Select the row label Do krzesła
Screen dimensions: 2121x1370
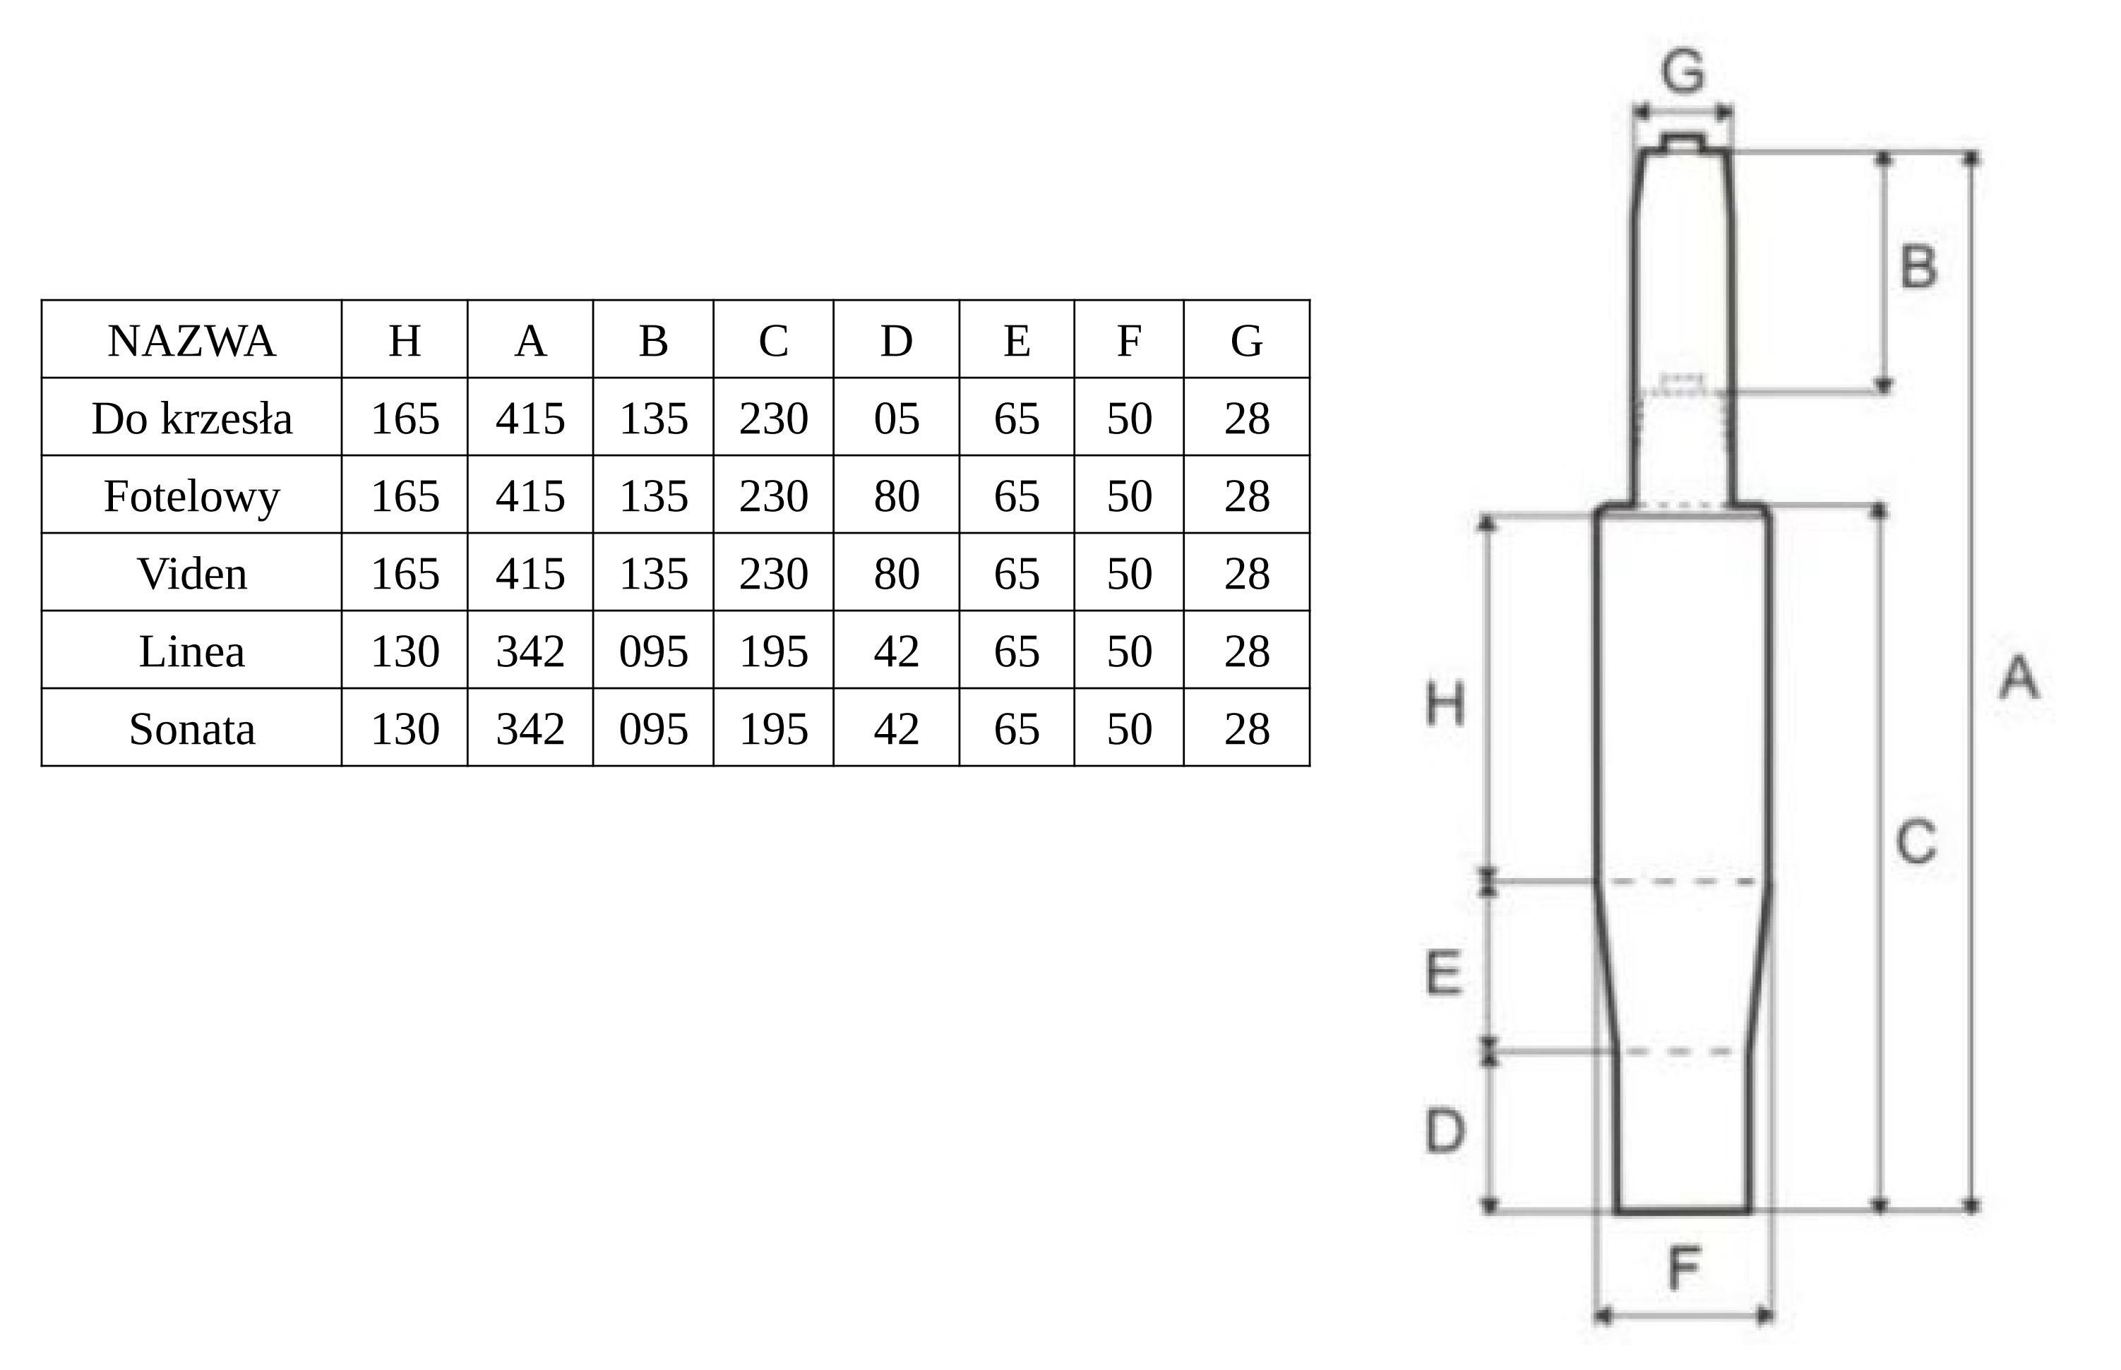191,418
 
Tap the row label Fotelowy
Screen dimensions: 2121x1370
191,496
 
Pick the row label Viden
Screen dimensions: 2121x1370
191,574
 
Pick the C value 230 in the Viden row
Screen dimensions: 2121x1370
773,574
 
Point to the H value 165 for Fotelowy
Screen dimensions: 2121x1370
405,496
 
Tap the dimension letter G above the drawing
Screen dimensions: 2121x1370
1683,71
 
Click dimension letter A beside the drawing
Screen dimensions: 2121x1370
2019,677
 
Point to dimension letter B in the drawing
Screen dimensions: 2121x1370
1918,266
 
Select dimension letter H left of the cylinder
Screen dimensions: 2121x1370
1445,704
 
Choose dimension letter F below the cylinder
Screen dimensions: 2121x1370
1684,1268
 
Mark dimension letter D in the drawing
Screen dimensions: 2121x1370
1445,1131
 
